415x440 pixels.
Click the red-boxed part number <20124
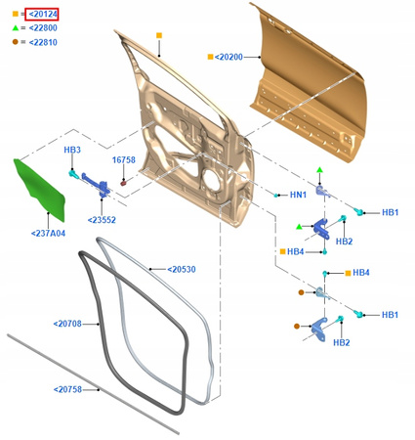click(42, 14)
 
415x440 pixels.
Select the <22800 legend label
click(43, 28)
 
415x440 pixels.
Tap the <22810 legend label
click(43, 42)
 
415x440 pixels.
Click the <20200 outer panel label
click(228, 57)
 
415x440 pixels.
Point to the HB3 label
click(72, 150)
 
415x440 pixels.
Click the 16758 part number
click(124, 160)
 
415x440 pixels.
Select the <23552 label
click(102, 220)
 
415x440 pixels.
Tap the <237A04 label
click(48, 234)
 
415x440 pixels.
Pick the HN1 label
click(298, 195)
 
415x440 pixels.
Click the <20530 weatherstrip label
click(182, 270)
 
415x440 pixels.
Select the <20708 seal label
click(67, 324)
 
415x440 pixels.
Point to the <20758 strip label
click(67, 390)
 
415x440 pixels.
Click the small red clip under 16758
click(123, 184)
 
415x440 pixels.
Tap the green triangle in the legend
click(16, 28)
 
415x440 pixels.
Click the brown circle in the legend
click(16, 42)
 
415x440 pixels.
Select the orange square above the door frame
click(159, 35)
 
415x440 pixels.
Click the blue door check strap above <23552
click(97, 185)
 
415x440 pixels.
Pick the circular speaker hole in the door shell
click(212, 180)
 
